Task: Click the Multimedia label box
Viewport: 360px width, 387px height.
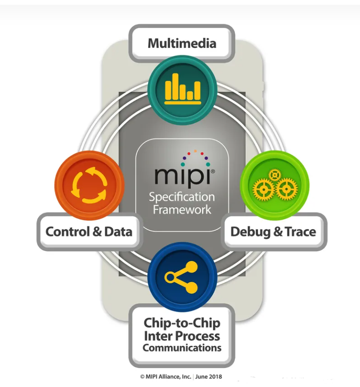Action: click(182, 44)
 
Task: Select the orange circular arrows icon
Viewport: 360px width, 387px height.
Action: click(89, 185)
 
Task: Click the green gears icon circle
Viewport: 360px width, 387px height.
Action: click(275, 185)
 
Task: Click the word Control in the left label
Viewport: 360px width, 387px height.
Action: click(67, 232)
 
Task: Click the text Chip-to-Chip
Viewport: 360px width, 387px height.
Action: click(182, 324)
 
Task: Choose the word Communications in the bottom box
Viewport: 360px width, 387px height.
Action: click(182, 348)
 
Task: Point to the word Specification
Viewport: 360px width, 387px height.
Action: click(182, 197)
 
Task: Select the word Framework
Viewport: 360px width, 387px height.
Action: click(182, 209)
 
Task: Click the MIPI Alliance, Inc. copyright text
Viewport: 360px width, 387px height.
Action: click(166, 377)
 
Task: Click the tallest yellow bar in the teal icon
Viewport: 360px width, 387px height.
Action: click(175, 86)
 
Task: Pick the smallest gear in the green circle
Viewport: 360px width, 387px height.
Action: click(273, 175)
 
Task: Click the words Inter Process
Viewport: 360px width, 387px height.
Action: click(182, 336)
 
